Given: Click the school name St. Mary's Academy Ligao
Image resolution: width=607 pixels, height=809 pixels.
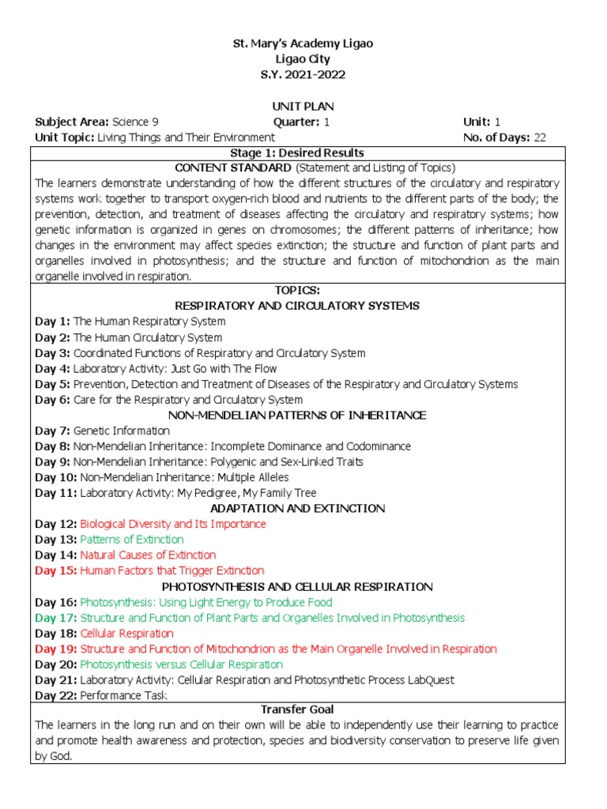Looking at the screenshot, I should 302,44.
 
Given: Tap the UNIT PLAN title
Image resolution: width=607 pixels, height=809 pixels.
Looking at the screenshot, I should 302,107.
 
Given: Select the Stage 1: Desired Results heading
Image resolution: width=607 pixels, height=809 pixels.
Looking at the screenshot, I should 296,152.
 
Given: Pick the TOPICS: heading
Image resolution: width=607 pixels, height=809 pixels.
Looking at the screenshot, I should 296,291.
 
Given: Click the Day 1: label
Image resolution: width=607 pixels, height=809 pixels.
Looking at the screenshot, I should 52,322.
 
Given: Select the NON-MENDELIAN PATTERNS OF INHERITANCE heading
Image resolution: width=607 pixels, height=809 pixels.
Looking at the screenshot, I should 296,415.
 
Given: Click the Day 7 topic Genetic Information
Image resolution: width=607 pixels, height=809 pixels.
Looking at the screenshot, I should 122,431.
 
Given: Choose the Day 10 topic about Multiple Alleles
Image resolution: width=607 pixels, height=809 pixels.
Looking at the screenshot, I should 181,477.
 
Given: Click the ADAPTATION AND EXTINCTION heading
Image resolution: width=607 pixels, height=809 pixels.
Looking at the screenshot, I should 296,508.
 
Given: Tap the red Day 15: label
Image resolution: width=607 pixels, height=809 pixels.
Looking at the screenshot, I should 55,570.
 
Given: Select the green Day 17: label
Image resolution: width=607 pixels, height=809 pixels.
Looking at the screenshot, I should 55,618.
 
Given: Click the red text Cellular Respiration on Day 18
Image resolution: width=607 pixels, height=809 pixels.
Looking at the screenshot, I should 126,634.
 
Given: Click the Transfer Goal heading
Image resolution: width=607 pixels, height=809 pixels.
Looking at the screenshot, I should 296,710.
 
